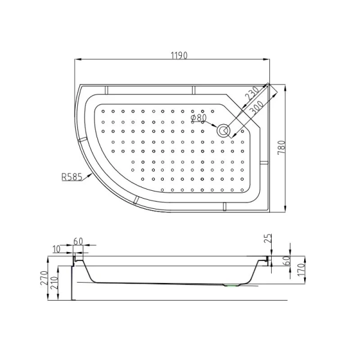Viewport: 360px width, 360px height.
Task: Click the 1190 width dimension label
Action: pyautogui.click(x=179, y=55)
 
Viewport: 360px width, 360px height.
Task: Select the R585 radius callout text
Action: pyautogui.click(x=71, y=178)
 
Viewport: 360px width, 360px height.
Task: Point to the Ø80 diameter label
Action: pyautogui.click(x=199, y=118)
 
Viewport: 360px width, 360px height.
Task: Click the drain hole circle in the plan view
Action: pyautogui.click(x=224, y=130)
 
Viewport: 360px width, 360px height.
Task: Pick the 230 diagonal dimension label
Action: pyautogui.click(x=253, y=94)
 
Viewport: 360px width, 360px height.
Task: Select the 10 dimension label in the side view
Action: pyautogui.click(x=56, y=249)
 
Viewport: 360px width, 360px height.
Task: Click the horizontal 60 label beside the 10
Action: pyautogui.click(x=78, y=241)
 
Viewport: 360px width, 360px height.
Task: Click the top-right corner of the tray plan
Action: pyautogui.click(x=269, y=83)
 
